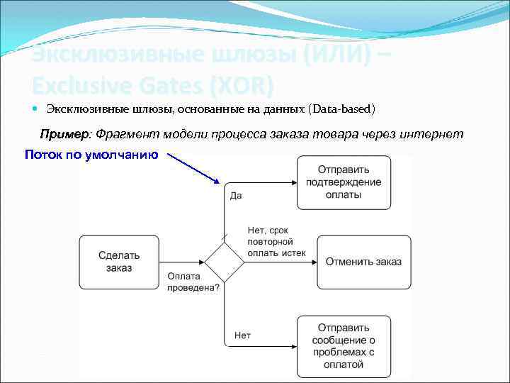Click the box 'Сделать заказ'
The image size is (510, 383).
tap(119, 262)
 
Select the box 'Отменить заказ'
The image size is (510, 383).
tap(363, 262)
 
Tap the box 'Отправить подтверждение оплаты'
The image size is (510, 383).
tap(344, 182)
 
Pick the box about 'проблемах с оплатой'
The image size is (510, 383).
tap(344, 346)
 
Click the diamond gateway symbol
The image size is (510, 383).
tap(225, 262)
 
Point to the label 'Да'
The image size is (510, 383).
tap(235, 195)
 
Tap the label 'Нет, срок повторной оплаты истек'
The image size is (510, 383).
tap(276, 241)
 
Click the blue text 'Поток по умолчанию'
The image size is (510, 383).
tap(91, 154)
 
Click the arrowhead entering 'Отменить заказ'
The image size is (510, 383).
tap(312, 262)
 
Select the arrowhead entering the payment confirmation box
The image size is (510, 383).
tap(293, 182)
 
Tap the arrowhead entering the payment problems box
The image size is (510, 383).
tap(293, 346)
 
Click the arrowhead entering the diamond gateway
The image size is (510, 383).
tap(200, 262)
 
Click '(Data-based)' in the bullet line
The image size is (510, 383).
tap(342, 109)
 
